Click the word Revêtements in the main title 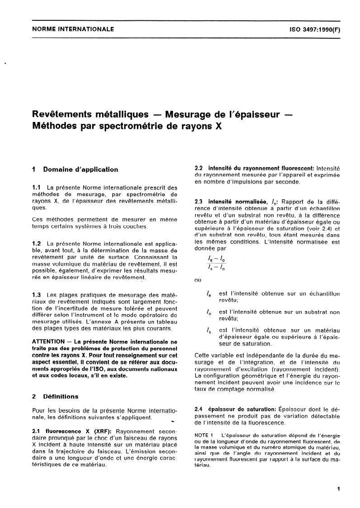click(x=64, y=114)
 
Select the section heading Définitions click(x=61, y=396)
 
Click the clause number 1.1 click(x=37, y=187)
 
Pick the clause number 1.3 click(x=37, y=294)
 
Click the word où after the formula click(x=197, y=280)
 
